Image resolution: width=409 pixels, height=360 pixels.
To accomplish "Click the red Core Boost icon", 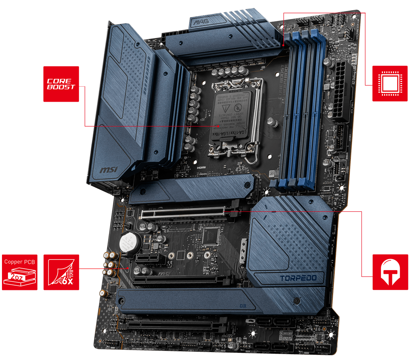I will (x=61, y=84).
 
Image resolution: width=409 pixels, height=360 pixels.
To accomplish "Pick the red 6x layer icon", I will (x=61, y=272).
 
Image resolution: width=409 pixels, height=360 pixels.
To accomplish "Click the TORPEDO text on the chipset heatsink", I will (x=298, y=278).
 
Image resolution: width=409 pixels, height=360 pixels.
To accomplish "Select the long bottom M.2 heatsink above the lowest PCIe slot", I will (x=221, y=301).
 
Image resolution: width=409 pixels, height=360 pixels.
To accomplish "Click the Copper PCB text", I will (x=20, y=261).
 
